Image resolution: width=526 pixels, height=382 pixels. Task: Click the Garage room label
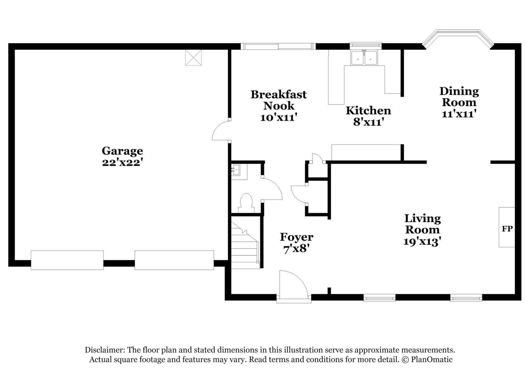point(122,151)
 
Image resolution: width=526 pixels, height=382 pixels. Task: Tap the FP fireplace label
point(507,229)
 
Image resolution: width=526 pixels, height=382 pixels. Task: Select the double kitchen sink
point(364,58)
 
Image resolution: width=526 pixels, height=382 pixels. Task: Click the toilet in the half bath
point(246,203)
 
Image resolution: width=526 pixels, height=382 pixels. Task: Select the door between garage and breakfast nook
point(221,131)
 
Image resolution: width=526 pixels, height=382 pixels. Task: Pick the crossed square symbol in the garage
point(193,58)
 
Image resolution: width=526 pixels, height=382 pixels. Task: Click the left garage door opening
point(67,260)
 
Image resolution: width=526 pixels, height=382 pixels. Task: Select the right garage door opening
point(174,260)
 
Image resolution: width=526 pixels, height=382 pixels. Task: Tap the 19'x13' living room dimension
point(422,242)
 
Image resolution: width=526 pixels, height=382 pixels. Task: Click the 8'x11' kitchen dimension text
point(368,122)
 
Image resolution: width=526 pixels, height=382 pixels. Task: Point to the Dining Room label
point(459,97)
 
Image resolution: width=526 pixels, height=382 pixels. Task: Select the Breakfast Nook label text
point(279,100)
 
